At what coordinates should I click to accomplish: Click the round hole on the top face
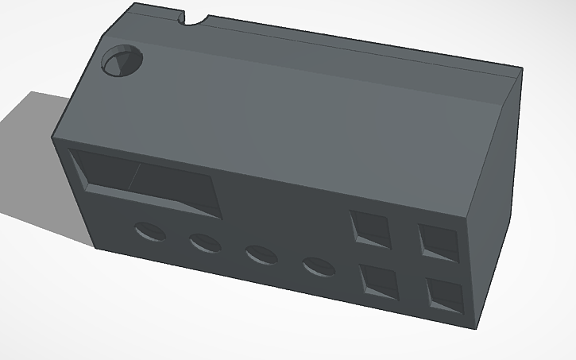click(x=122, y=61)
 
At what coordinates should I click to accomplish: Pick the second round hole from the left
click(x=205, y=242)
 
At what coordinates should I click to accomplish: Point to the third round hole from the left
click(x=261, y=254)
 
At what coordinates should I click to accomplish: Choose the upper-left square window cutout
click(x=371, y=229)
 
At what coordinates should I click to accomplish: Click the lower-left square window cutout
click(x=379, y=282)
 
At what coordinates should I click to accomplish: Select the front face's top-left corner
click(x=54, y=137)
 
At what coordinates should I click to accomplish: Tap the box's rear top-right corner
click(x=523, y=70)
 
